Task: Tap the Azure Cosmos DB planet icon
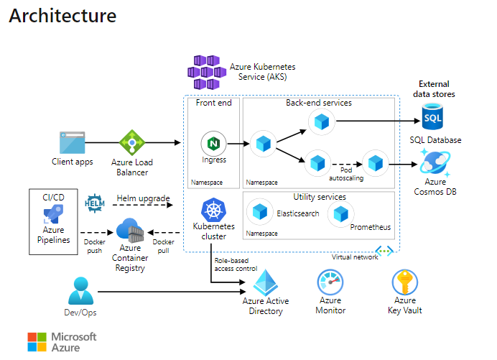435,165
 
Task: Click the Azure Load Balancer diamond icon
132,143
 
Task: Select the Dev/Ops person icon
80,291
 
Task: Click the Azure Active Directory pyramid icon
264,282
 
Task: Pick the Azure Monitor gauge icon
331,282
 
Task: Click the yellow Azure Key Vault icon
404,282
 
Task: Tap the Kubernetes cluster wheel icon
214,211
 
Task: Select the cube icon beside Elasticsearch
259,213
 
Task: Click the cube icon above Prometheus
343,213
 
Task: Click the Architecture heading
62,15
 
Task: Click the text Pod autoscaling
345,172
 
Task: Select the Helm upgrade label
143,198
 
